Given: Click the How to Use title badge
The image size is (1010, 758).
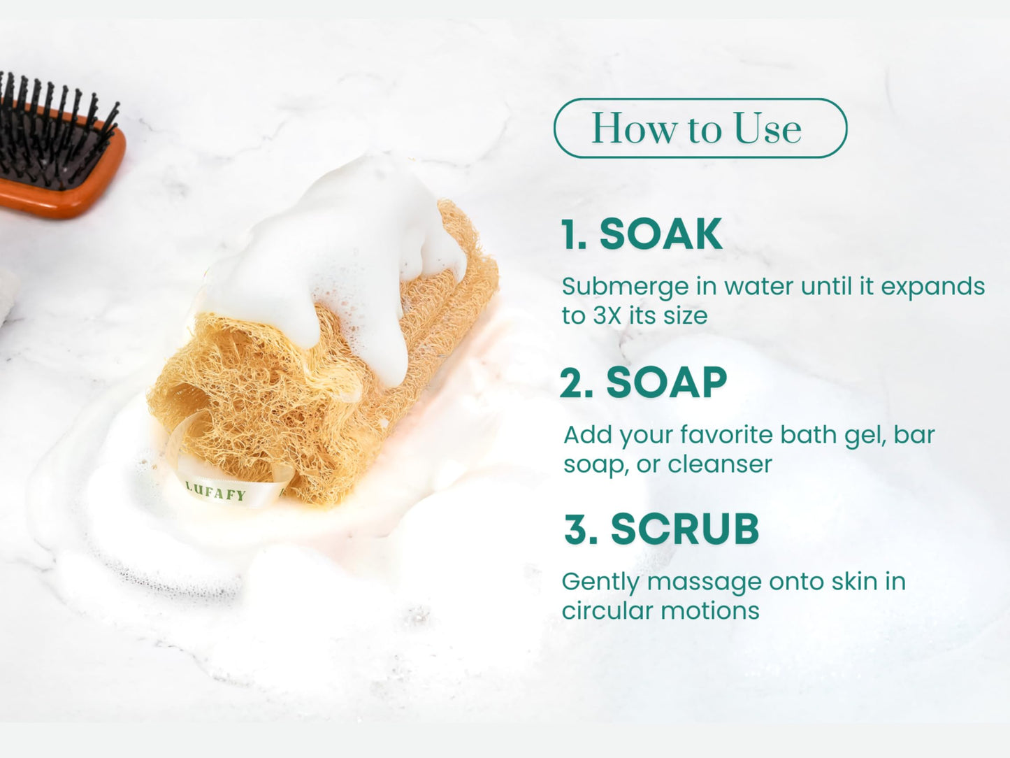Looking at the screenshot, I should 700,129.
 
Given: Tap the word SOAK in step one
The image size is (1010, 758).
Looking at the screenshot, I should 661,234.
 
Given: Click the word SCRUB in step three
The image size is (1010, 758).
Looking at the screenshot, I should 684,529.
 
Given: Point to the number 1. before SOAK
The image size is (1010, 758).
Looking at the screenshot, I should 573,235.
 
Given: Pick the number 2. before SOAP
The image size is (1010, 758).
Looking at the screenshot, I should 577,384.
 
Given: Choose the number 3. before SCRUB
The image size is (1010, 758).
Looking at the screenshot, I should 581,530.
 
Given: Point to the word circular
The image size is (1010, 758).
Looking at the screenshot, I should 605,611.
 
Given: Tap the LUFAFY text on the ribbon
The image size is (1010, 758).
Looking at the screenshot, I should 216,492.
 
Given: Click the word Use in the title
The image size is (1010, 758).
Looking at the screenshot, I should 767,129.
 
